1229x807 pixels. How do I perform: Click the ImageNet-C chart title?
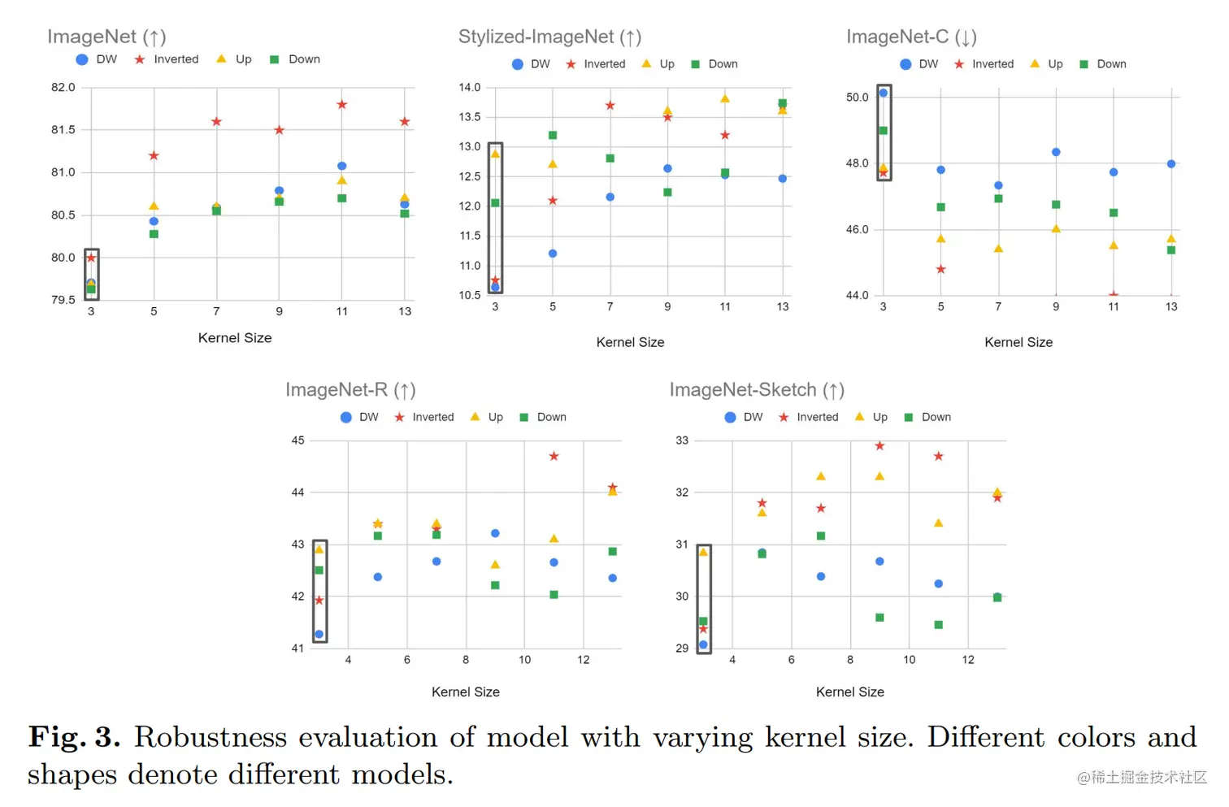tap(911, 37)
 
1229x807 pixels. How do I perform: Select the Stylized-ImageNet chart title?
tap(549, 37)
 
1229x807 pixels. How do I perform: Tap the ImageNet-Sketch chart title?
tap(757, 390)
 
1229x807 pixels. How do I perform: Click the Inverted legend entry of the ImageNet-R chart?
tap(424, 417)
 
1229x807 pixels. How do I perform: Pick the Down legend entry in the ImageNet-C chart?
tap(1103, 64)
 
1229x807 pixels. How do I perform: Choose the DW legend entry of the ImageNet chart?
tap(97, 59)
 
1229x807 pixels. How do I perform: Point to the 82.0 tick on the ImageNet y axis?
tap(63, 87)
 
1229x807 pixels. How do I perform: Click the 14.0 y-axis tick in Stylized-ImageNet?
tap(470, 87)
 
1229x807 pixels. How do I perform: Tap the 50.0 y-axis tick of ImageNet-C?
tap(857, 97)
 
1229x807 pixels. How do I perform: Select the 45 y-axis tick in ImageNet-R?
tap(298, 440)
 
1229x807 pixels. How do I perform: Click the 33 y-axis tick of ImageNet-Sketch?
tap(682, 440)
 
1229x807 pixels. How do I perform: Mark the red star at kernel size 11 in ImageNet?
tap(342, 105)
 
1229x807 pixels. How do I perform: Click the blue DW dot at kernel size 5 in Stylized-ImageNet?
tap(553, 254)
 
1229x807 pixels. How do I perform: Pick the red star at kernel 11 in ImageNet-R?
tap(554, 457)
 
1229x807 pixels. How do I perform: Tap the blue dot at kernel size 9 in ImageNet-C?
tap(1056, 152)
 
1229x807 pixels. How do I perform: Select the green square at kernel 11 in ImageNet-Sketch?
tap(939, 625)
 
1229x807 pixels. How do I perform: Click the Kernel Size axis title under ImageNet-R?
tap(466, 692)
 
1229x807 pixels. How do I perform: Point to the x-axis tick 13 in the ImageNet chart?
tap(405, 311)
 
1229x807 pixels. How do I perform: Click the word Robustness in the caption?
tap(211, 737)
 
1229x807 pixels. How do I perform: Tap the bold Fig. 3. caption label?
tap(74, 737)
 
